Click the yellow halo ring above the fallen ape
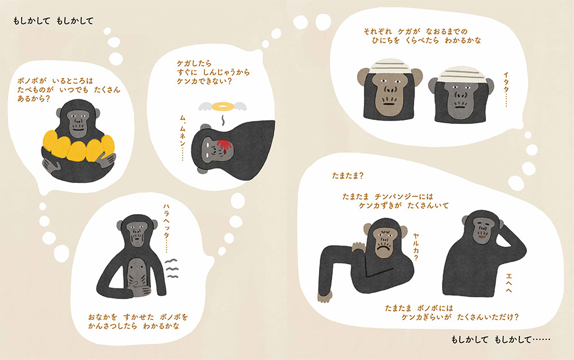tap(223, 107)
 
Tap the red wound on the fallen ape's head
tap(224, 146)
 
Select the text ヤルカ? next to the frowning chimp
tap(416, 246)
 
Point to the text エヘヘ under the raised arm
tap(509, 282)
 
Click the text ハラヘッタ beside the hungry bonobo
tap(166, 227)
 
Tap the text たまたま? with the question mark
tap(348, 176)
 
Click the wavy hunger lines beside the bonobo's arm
tap(172, 269)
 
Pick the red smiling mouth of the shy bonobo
tap(482, 237)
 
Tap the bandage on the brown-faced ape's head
tap(390, 66)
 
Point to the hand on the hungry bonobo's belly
tap(140, 287)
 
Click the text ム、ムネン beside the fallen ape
tap(183, 137)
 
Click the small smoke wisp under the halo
tap(222, 120)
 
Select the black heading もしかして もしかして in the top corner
tap(53, 21)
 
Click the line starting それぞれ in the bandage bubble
tap(416, 32)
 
